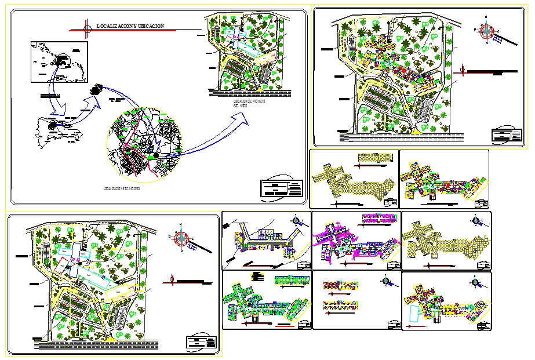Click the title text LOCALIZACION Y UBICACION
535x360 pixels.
click(131, 26)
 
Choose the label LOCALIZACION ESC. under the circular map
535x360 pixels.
click(122, 190)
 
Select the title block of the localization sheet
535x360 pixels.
click(282, 188)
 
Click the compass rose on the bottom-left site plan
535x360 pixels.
click(182, 237)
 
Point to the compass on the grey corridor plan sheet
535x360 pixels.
click(297, 220)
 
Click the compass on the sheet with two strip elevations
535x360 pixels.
click(387, 281)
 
